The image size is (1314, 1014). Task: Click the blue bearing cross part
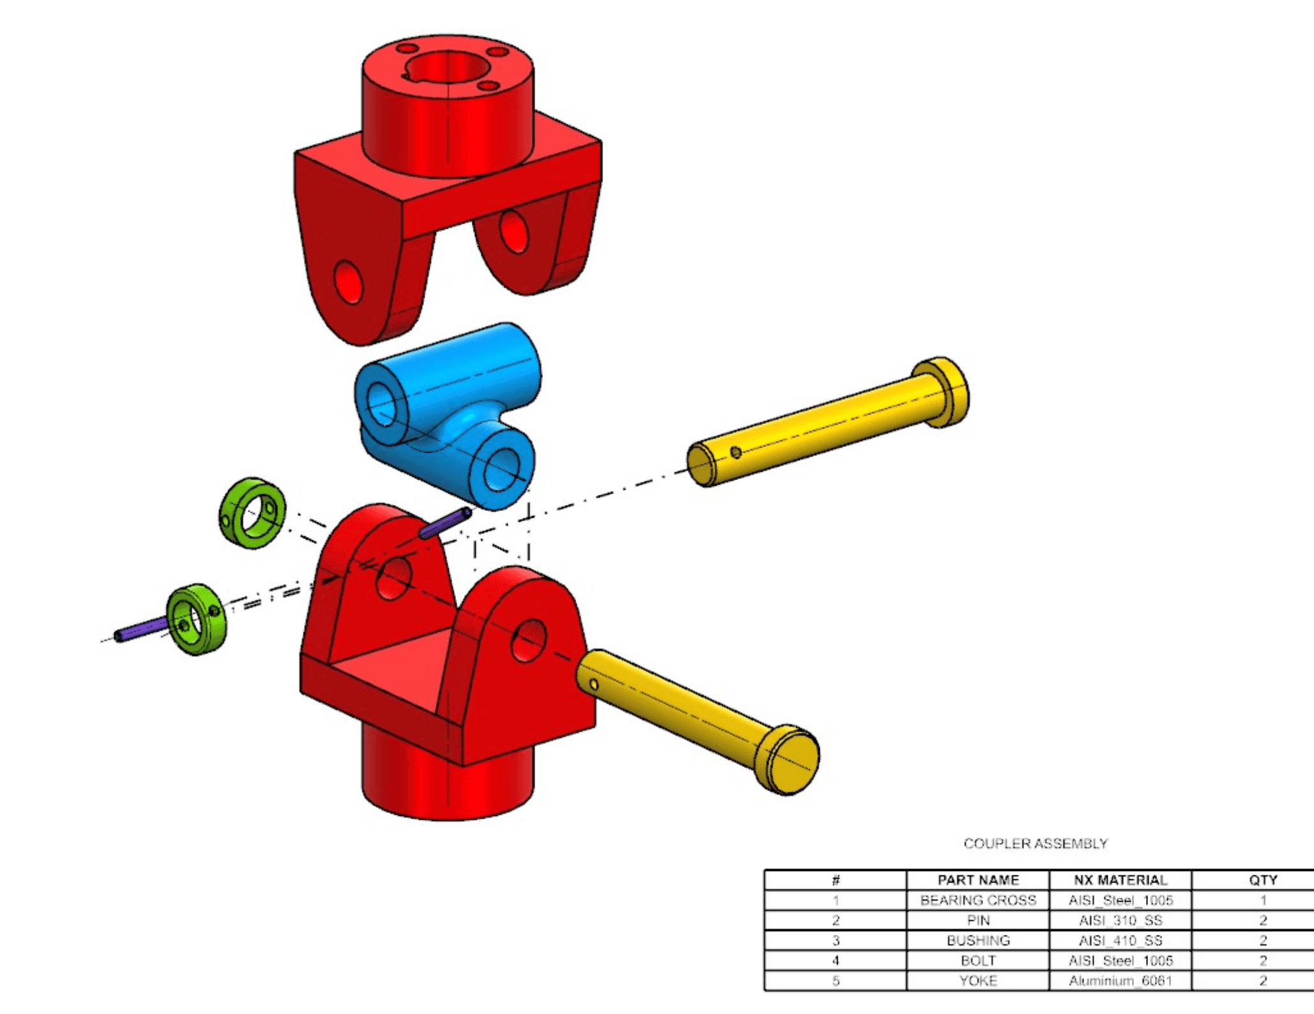[447, 409]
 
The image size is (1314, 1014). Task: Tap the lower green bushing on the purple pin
[197, 619]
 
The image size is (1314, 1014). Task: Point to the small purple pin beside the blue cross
[446, 523]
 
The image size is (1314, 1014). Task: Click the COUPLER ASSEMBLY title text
[1035, 844]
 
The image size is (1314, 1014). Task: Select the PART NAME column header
[978, 880]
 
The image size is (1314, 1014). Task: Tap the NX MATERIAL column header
[1120, 880]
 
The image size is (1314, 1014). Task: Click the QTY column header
[1262, 880]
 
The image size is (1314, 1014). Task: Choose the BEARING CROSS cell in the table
[978, 900]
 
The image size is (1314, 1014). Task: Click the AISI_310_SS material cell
[1120, 920]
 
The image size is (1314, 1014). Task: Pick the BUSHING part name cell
[978, 941]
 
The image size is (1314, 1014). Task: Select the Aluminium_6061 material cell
[1120, 981]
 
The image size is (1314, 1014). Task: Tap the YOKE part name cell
[978, 981]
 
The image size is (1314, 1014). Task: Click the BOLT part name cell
[978, 960]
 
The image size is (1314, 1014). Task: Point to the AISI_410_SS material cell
[1120, 941]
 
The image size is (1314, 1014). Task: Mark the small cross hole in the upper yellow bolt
[736, 452]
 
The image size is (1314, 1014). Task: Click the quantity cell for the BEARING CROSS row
[1262, 900]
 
